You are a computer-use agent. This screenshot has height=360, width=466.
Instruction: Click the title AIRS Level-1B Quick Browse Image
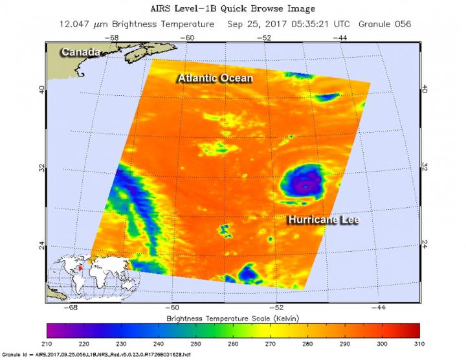[x=233, y=9]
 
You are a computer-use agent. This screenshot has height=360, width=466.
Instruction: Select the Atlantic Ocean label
[x=215, y=78]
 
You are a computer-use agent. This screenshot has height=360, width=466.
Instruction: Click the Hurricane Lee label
[x=323, y=220]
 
